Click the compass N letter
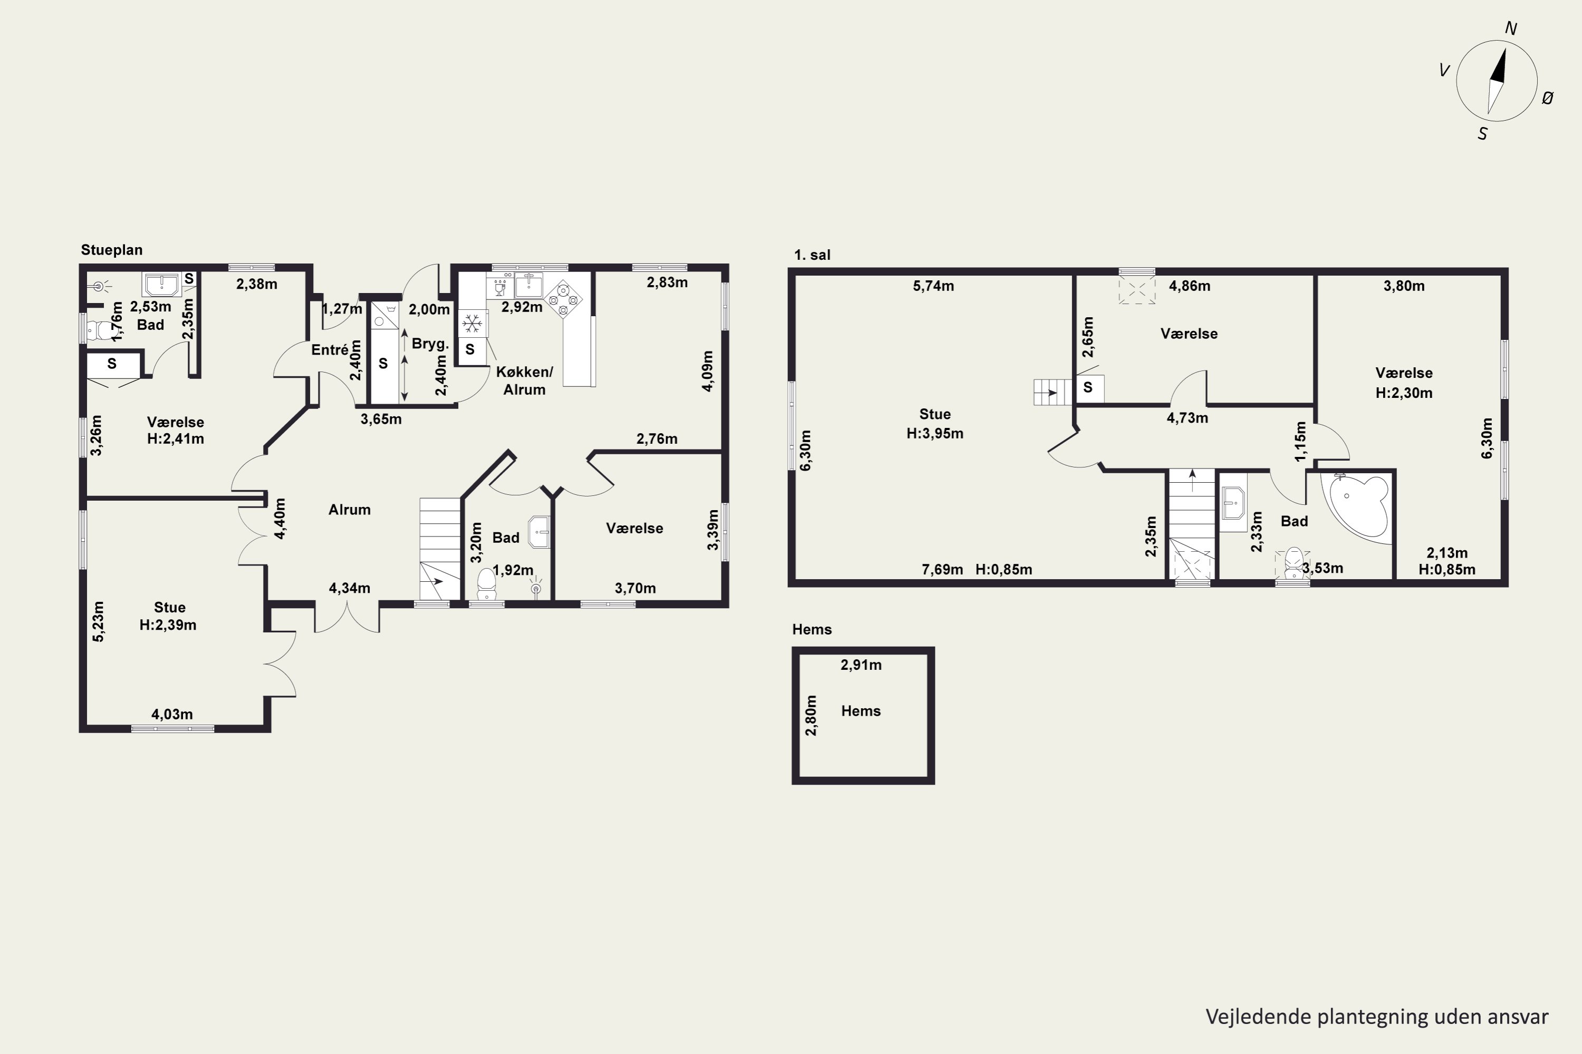(1511, 28)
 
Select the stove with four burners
(563, 299)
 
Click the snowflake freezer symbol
(472, 324)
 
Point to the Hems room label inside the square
(861, 711)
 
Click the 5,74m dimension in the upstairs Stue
(933, 286)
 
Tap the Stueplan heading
(112, 250)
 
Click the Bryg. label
(430, 344)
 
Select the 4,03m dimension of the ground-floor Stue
(172, 715)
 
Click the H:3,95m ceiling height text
(935, 434)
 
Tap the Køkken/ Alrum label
(525, 380)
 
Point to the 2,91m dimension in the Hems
(861, 665)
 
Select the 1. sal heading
(812, 255)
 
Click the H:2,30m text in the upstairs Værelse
(1404, 393)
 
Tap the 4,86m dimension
(1189, 286)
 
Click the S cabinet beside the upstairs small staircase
(1088, 388)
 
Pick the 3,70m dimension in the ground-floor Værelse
(635, 589)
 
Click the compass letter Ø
(1548, 98)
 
